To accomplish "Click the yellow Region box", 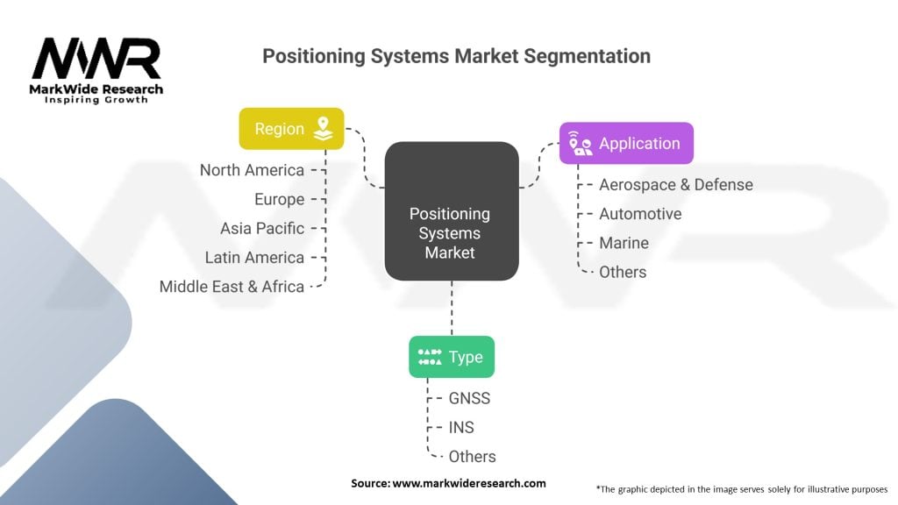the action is point(291,129).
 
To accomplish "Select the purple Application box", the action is point(626,143).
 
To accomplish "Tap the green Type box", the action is point(452,357).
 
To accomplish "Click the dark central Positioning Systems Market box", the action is point(452,211).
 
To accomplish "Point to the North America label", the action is point(252,170).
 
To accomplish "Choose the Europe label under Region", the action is point(280,199).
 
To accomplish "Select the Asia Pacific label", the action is point(262,229).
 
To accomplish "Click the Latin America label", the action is point(255,258).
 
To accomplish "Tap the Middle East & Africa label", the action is point(232,287).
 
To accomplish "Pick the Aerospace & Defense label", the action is point(676,184).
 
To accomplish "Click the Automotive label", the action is point(640,214).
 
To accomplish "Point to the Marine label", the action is point(624,243).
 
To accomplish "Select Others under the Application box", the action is point(623,272).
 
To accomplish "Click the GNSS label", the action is point(469,398).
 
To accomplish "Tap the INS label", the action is point(461,427).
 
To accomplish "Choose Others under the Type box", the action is point(472,456).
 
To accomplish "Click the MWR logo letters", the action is point(96,59).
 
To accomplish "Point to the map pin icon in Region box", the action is point(323,129).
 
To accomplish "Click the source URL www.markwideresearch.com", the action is point(469,483).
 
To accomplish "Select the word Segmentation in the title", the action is point(587,56).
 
